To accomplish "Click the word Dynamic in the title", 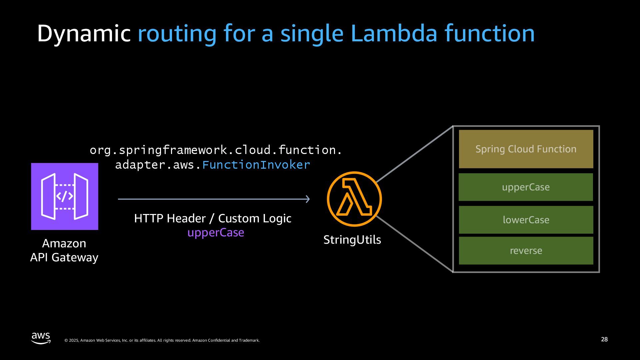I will pos(83,33).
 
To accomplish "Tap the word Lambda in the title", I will pos(394,33).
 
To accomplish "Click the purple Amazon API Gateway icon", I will pos(65,196).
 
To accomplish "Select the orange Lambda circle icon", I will pos(354,199).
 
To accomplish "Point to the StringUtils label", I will pos(352,240).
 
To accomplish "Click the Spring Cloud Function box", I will pos(526,149).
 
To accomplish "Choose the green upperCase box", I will pos(526,187).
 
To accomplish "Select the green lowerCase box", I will pos(526,220).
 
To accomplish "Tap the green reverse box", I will pos(526,251).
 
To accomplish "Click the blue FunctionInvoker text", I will pos(256,165).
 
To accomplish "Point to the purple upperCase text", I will pos(216,232).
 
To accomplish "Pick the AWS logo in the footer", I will pos(41,338).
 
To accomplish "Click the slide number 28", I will pos(604,339).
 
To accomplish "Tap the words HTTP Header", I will pos(170,218).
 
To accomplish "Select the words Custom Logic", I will pos(255,218).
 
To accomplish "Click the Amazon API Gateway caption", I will pos(64,250).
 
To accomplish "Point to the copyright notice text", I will pos(162,340).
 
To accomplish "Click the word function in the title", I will pos(489,33).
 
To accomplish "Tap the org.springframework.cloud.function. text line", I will pos(216,150).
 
